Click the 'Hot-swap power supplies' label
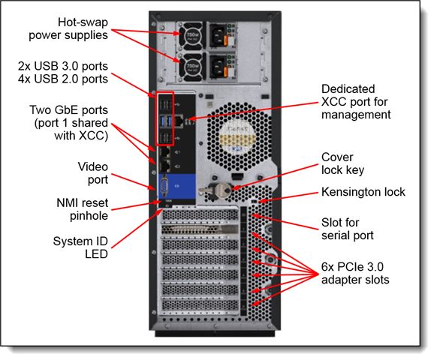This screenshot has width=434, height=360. coord(68,28)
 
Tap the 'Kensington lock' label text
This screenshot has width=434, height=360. coord(363,192)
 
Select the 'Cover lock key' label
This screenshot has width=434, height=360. coord(342,163)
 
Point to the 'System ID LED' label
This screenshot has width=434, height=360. coord(80,247)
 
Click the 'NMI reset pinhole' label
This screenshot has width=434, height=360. coord(82,209)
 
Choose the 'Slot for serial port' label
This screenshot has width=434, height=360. coord(348,229)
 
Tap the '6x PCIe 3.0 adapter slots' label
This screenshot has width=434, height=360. coord(355,273)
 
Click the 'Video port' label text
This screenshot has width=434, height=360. coord(92,173)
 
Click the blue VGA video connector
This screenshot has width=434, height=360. coord(164,186)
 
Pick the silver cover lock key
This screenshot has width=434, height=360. coord(218,190)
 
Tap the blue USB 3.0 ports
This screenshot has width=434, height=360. coord(165,121)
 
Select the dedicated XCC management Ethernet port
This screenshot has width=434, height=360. coord(179,121)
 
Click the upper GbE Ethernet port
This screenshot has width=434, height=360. coord(165,152)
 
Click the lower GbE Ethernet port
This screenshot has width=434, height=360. coord(165,166)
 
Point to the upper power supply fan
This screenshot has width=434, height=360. coord(192,35)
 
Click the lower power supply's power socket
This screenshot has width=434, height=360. coord(219,67)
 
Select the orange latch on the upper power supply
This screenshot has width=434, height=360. coord(225,41)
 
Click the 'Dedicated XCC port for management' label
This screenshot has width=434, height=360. coord(356,102)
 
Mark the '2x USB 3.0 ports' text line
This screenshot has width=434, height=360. coord(63,66)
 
